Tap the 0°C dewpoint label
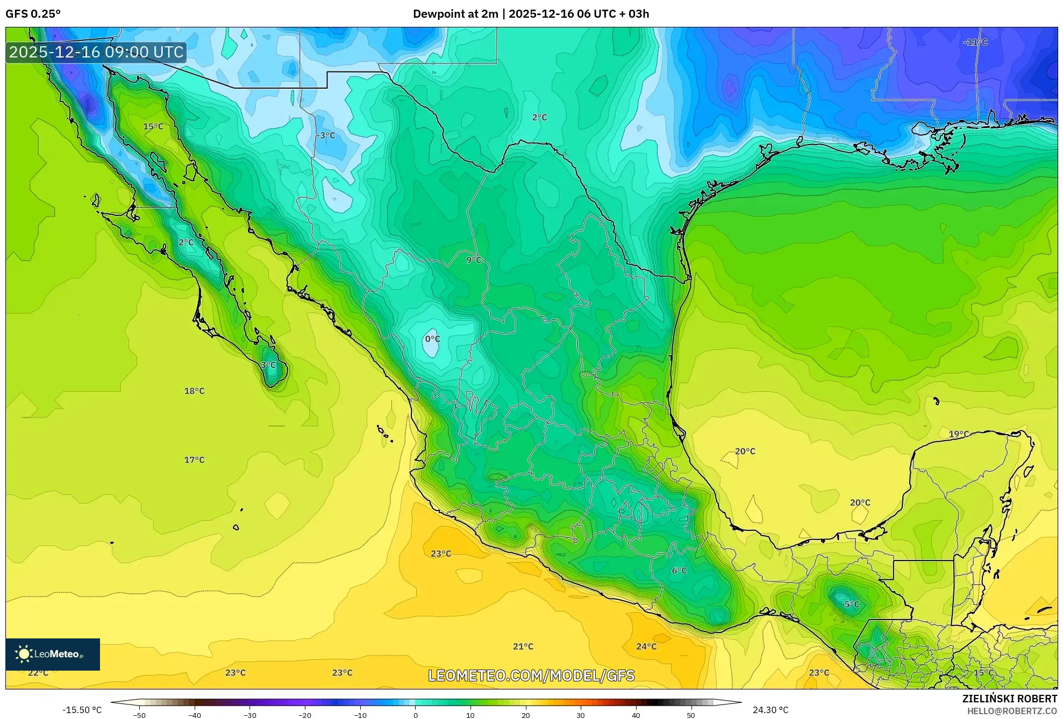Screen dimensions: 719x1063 (x=432, y=339)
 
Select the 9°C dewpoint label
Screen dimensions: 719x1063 (x=474, y=260)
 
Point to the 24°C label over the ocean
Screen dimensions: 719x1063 (x=646, y=646)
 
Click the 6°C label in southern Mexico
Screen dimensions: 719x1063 (x=679, y=571)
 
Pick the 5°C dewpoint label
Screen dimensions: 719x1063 (x=852, y=605)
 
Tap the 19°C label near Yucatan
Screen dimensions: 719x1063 (x=959, y=434)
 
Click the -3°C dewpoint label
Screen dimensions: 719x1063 (x=325, y=135)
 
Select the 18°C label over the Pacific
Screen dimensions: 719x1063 (x=194, y=391)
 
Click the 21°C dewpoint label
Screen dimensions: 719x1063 (x=523, y=646)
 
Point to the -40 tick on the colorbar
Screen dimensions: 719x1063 (x=195, y=715)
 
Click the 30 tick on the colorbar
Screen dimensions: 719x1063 (x=581, y=715)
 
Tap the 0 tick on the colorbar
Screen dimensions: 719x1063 (x=415, y=715)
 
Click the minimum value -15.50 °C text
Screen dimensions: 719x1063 (x=82, y=710)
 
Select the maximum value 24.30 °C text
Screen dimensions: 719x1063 (x=771, y=710)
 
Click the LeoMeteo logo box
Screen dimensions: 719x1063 (x=52, y=654)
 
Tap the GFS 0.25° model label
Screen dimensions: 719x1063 (x=33, y=14)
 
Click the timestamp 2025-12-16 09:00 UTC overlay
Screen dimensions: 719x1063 (x=96, y=52)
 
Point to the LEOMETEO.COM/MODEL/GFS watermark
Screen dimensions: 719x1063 (x=531, y=675)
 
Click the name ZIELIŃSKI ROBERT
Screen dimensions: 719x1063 (x=1009, y=699)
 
